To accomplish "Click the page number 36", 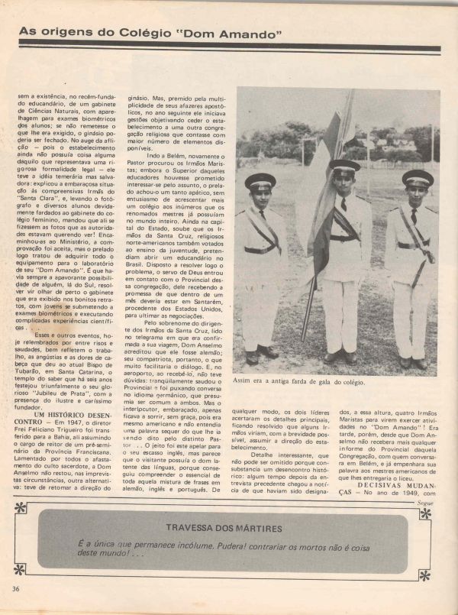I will (x=15, y=587).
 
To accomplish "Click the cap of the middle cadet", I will (x=344, y=166).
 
